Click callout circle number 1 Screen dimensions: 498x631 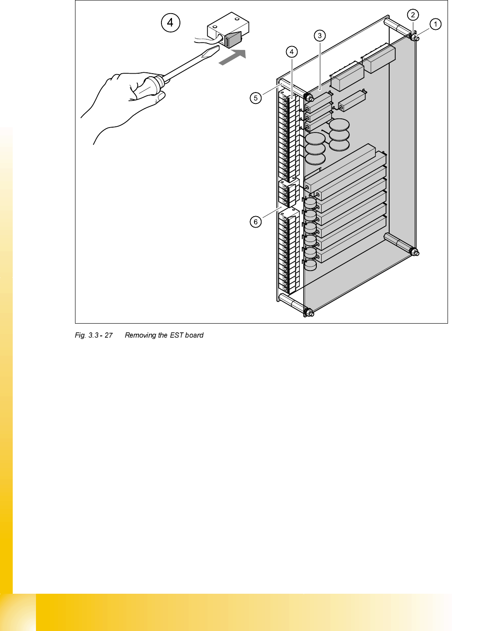[x=435, y=24]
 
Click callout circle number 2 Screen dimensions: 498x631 [x=413, y=15]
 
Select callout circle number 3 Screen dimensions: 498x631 [x=320, y=36]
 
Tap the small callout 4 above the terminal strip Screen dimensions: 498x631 [x=292, y=52]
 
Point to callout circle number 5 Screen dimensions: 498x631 [x=256, y=98]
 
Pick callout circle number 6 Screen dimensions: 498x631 [x=256, y=222]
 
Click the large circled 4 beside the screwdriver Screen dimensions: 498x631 [x=170, y=22]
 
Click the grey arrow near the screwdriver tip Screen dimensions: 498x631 [x=232, y=57]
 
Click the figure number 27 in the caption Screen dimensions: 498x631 [x=108, y=335]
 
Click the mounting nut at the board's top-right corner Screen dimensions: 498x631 [x=415, y=39]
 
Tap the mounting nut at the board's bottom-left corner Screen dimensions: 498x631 [x=308, y=313]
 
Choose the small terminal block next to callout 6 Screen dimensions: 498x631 [x=288, y=193]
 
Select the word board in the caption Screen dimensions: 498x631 [x=194, y=335]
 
